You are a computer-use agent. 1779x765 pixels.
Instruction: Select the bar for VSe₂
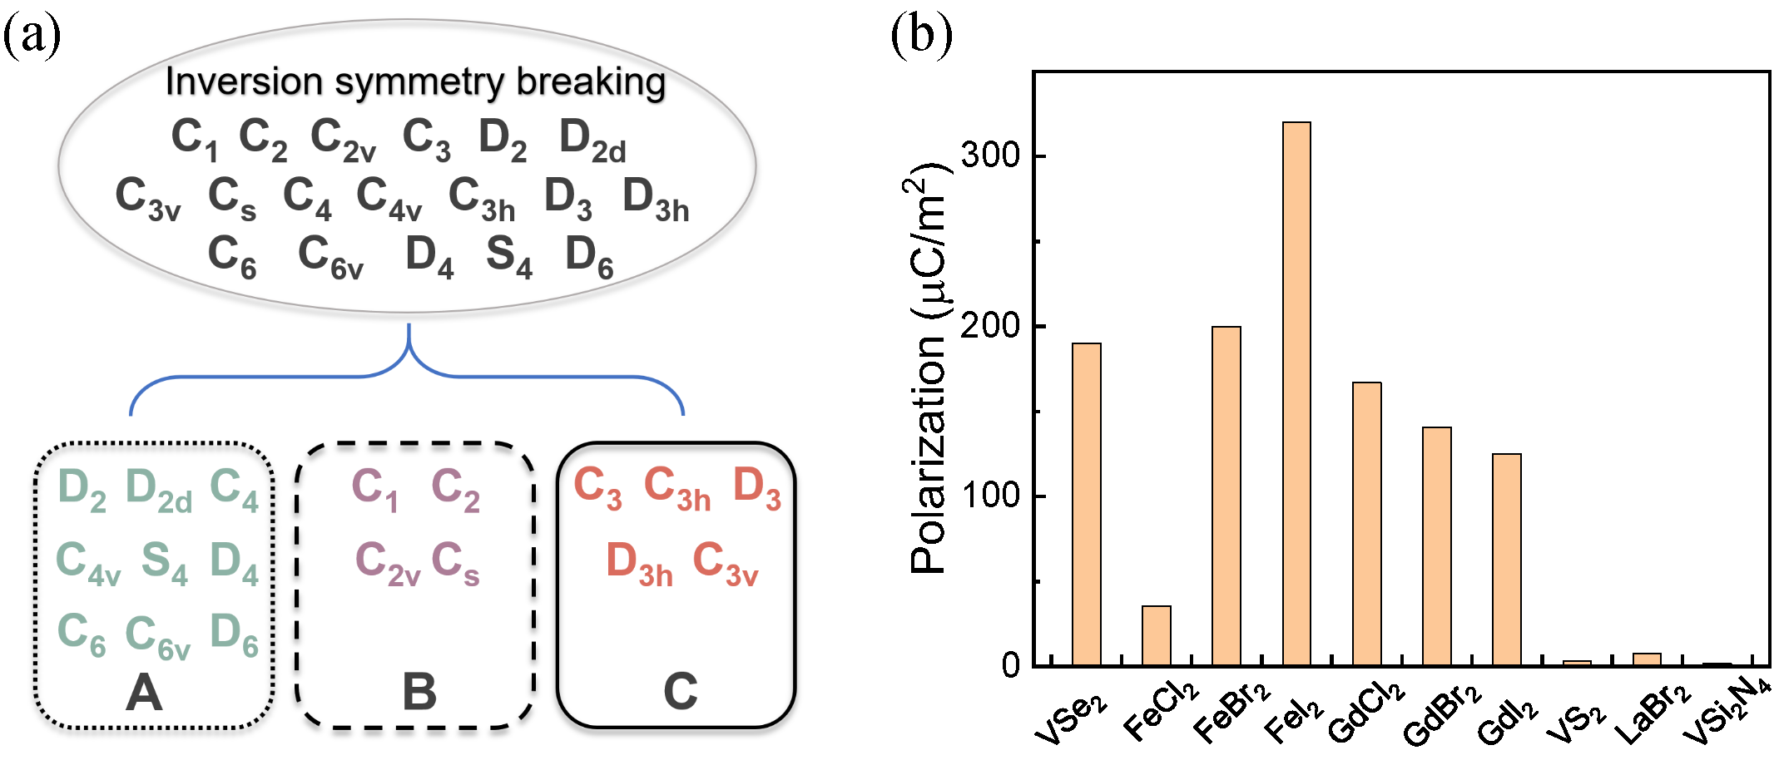1086,504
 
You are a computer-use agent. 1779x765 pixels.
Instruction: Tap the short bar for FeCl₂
1156,635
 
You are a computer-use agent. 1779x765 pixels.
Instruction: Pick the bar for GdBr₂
1436,545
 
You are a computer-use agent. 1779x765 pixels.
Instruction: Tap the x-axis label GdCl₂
1365,712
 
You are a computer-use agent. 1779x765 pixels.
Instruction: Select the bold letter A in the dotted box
144,692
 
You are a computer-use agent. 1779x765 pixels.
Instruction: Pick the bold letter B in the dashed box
419,692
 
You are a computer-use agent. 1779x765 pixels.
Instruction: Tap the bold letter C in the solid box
680,692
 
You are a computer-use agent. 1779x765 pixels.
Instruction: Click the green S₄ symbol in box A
164,561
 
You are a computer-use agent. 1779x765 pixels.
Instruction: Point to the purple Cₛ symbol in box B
455,563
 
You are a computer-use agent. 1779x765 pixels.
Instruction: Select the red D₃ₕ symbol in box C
639,563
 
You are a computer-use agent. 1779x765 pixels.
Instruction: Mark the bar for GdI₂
1506,559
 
